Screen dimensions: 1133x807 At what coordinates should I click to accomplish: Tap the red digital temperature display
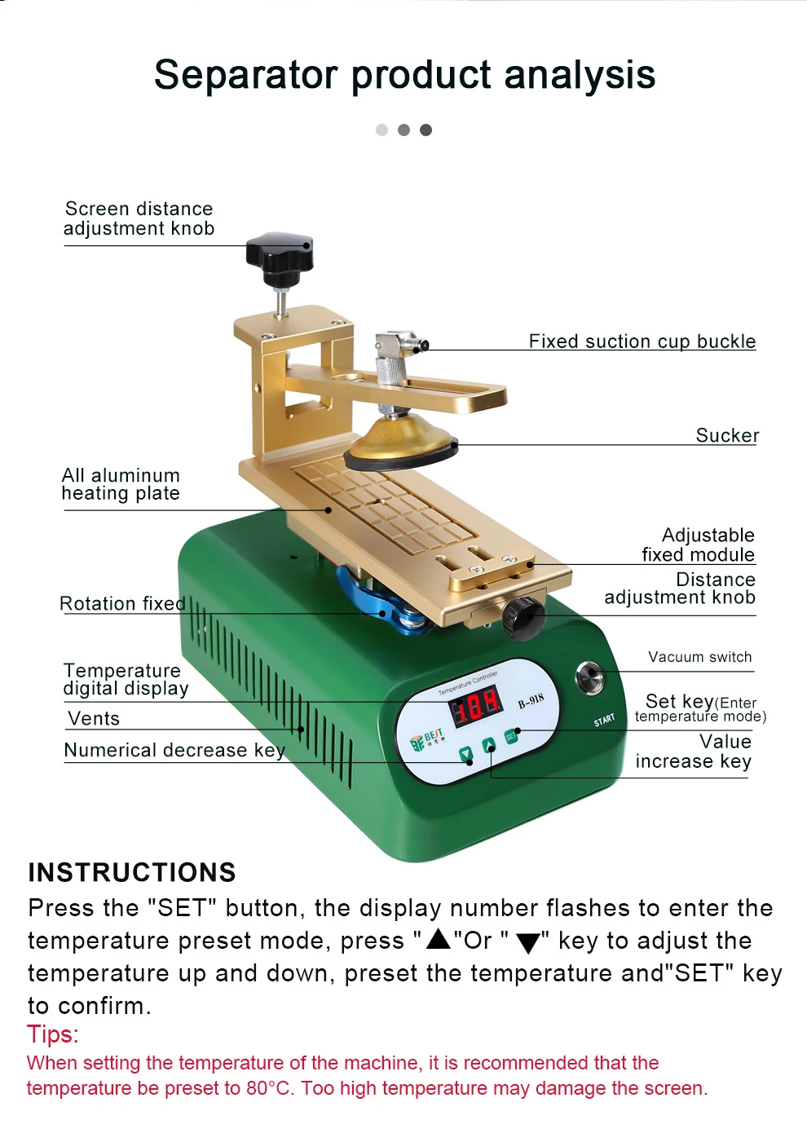coord(477,704)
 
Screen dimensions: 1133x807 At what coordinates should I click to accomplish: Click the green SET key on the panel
coord(511,736)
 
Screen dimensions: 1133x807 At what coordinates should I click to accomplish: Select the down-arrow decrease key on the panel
coord(466,755)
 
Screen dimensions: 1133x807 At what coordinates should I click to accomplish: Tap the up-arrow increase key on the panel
coord(489,746)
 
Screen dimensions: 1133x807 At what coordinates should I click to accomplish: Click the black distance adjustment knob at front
coord(523,617)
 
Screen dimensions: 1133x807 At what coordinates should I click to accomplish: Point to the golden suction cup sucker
coord(399,439)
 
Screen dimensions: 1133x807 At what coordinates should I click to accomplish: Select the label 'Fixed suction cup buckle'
coord(642,341)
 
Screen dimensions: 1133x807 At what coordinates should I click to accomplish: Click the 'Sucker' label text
coord(727,435)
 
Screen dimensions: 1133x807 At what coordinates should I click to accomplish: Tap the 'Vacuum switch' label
coord(699,657)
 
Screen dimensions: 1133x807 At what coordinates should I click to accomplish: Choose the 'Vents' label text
coord(94,718)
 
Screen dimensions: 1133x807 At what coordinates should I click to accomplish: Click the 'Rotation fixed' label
coord(122,603)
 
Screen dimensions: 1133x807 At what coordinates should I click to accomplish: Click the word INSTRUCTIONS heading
coord(132,872)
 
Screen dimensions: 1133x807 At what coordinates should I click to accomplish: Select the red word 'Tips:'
coord(53,1034)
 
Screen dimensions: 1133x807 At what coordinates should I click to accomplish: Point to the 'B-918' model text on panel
coord(531,700)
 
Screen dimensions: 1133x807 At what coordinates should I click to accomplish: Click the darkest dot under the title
coord(426,130)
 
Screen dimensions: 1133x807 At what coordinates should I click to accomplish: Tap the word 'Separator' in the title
coord(245,75)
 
